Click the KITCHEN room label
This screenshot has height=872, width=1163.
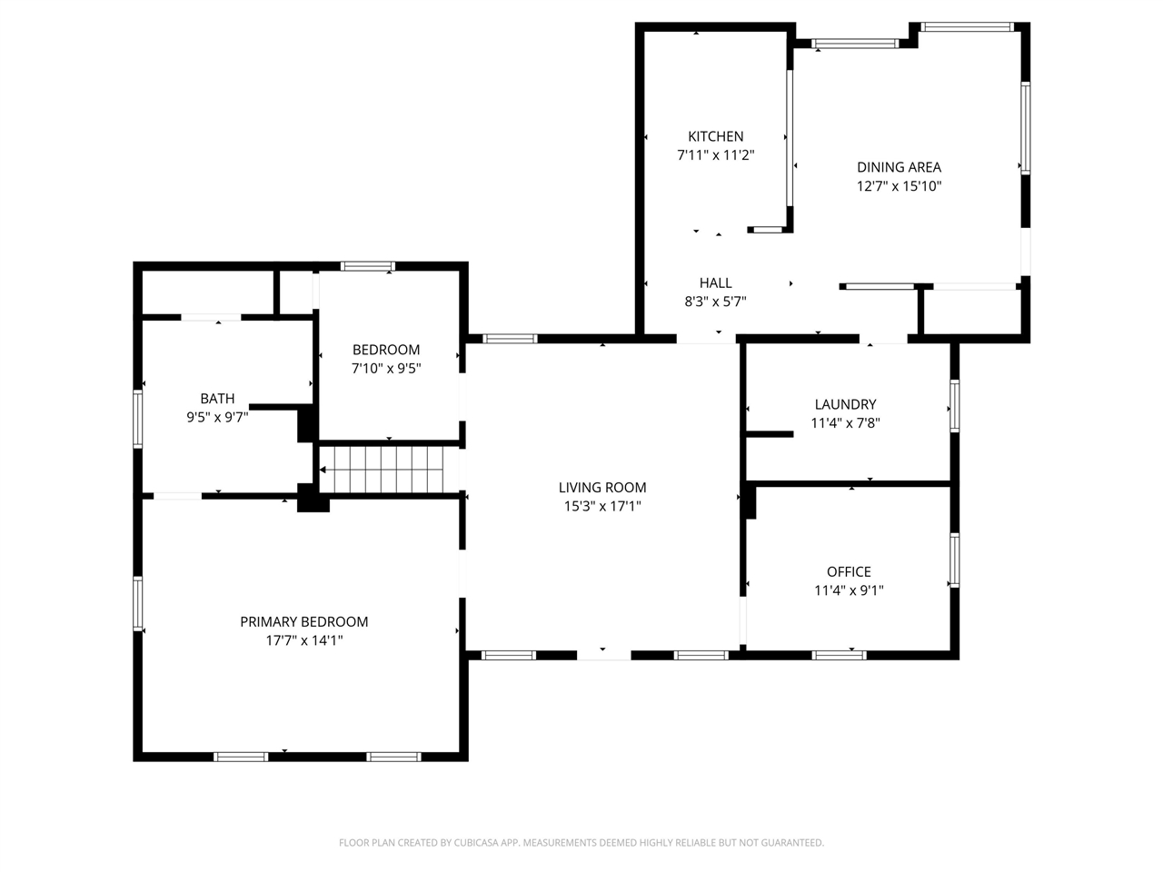pos(715,136)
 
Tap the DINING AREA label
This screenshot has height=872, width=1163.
pos(899,167)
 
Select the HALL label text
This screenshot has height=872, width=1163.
pos(715,282)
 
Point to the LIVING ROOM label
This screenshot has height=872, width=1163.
pos(601,487)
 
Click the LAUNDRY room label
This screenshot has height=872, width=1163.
pos(845,404)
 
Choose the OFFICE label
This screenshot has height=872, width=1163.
pos(849,572)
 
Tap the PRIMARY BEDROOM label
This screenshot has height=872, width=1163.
pos(303,621)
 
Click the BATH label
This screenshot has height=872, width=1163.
pos(217,398)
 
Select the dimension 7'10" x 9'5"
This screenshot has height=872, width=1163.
pos(386,368)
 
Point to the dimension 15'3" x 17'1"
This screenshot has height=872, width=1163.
pos(601,506)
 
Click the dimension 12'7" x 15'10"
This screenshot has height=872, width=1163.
pos(899,186)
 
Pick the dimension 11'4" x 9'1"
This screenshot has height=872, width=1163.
pos(849,590)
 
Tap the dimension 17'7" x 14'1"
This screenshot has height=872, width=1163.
pos(303,640)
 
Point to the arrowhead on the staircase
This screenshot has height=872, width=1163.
pos(323,470)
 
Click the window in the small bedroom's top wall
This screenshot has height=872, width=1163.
pos(367,266)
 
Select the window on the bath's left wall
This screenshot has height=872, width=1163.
pos(138,419)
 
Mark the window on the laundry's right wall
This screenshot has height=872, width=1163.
pos(954,405)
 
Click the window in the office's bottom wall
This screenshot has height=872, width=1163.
pos(839,655)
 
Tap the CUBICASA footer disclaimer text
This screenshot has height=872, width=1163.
pos(581,842)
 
